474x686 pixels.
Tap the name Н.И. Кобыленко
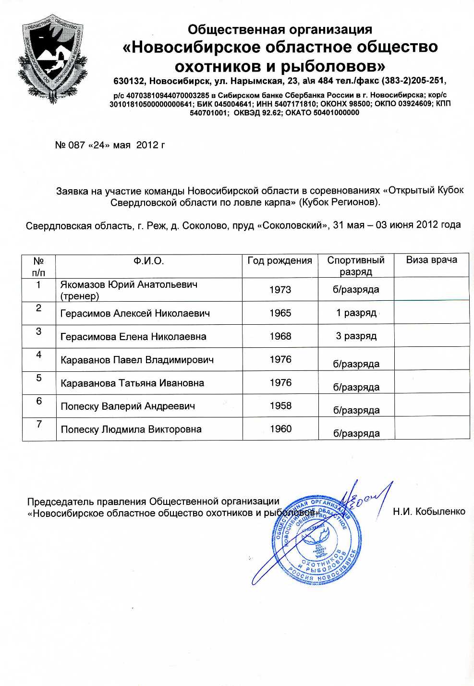[x=428, y=512]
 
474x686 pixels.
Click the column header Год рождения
[x=280, y=261]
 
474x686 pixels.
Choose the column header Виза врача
[x=431, y=260]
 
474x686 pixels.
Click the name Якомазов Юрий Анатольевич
[x=129, y=285]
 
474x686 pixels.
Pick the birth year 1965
[x=280, y=313]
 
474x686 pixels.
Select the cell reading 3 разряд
[x=356, y=336]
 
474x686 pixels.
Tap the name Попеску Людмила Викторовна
[x=131, y=429]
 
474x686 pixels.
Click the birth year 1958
[x=280, y=406]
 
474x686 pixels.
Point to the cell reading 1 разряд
[x=356, y=313]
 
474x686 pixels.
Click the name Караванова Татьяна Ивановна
[x=132, y=383]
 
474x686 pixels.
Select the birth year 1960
[x=280, y=429]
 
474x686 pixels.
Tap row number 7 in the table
[x=39, y=424]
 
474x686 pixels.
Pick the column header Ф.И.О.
[x=148, y=261]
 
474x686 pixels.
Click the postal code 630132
[x=129, y=80]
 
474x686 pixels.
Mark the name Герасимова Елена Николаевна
[x=133, y=337]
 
